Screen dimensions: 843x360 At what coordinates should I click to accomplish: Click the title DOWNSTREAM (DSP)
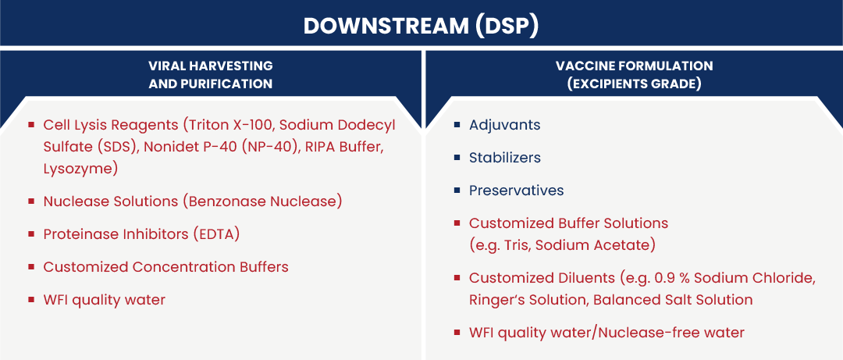pyautogui.click(x=421, y=27)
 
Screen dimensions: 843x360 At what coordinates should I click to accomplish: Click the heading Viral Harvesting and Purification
pyautogui.click(x=210, y=75)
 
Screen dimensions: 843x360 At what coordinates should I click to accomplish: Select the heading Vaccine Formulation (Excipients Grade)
pyautogui.click(x=635, y=75)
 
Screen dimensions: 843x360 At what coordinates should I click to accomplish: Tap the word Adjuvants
pyautogui.click(x=504, y=126)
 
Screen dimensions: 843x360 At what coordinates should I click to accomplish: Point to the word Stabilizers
pyautogui.click(x=505, y=158)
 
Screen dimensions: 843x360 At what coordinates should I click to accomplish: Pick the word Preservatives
pyautogui.click(x=516, y=191)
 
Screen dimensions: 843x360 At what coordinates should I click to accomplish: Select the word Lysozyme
pyautogui.click(x=78, y=169)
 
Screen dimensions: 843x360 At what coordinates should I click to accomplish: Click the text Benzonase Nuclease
pyautogui.click(x=262, y=201)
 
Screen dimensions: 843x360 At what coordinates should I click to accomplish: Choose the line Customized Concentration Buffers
pyautogui.click(x=166, y=267)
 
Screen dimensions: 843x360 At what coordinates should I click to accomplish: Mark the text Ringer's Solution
pyautogui.click(x=528, y=300)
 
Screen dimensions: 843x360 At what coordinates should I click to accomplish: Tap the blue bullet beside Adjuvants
pyautogui.click(x=457, y=126)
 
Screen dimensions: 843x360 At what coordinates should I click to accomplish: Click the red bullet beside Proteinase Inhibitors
pyautogui.click(x=31, y=234)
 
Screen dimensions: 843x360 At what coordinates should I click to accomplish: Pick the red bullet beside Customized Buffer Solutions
pyautogui.click(x=457, y=223)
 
